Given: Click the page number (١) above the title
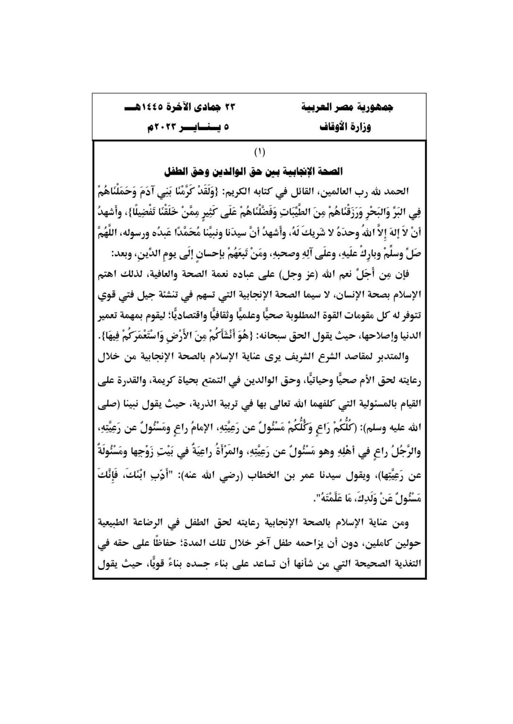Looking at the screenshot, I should click(260, 152).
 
